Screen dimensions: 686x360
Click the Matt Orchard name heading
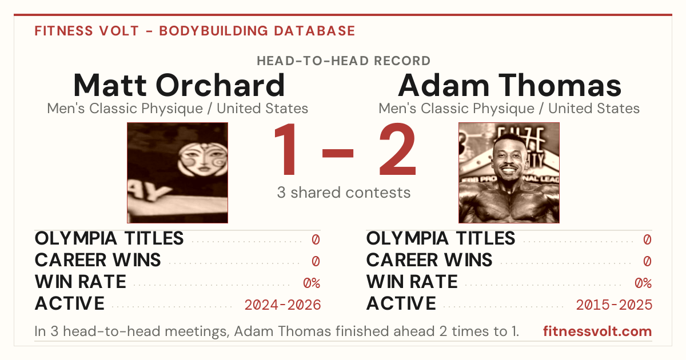[179, 85]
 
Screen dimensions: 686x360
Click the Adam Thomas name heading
[509, 85]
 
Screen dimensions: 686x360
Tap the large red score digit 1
[285, 149]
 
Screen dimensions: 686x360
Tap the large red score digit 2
[397, 149]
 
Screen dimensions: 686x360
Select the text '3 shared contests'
[344, 193]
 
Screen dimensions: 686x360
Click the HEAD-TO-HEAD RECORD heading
[344, 61]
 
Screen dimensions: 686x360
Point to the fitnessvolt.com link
[597, 331]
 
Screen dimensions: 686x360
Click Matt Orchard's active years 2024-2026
[282, 305]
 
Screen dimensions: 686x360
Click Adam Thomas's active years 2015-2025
[614, 305]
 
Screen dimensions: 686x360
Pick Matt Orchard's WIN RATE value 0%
[312, 283]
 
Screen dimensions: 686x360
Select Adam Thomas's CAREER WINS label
[429, 260]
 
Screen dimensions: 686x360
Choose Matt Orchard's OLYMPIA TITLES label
[109, 238]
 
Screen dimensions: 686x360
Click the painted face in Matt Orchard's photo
[202, 159]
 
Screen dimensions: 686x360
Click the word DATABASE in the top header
[314, 31]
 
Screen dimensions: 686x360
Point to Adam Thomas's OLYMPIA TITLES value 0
[647, 239]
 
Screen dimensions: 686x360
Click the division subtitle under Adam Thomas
[509, 109]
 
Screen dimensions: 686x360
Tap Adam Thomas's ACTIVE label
[401, 303]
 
